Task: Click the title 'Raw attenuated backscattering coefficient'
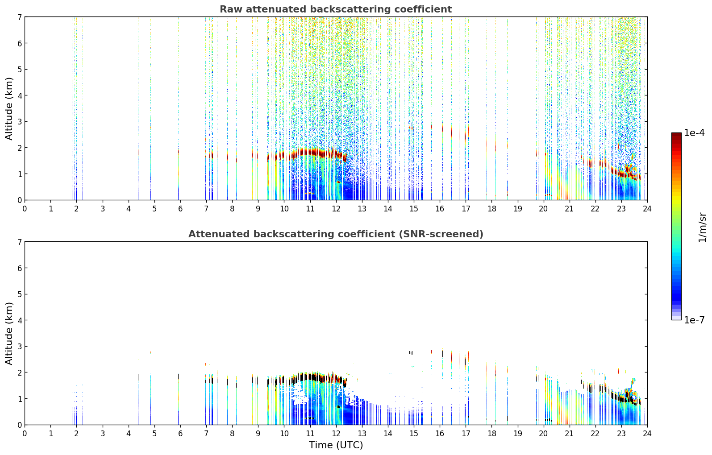point(335,9)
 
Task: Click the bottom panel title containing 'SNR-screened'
point(335,234)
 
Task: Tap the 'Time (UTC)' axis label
point(336,445)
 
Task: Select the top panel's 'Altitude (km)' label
point(9,108)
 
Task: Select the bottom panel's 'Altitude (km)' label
point(9,333)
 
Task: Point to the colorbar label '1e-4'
point(694,133)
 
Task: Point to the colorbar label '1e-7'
point(694,320)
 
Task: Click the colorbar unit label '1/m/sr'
point(702,227)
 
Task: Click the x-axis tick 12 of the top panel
point(336,208)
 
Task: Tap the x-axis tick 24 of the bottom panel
point(647,433)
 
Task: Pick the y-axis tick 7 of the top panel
point(19,17)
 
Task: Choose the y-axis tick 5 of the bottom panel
point(19,294)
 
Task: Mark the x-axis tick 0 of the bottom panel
point(25,433)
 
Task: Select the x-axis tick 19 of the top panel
point(517,208)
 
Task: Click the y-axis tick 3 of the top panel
point(19,121)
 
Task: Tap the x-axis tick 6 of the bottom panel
point(180,433)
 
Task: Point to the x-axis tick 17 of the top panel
point(466,208)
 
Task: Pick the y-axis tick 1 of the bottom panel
point(19,398)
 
